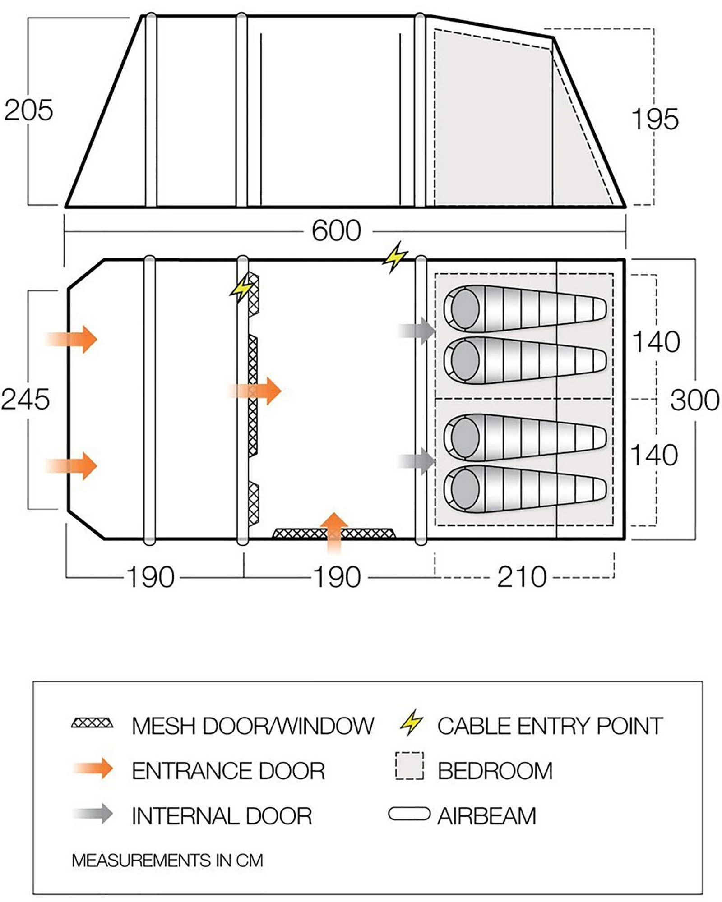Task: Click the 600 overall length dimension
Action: pos(336,231)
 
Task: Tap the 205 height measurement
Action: pos(28,110)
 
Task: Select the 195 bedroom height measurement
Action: pos(654,120)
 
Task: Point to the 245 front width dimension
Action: pos(25,400)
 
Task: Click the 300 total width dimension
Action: pos(694,400)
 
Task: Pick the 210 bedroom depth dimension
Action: pos(522,577)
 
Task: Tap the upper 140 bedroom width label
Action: pos(656,342)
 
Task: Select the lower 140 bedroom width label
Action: pos(654,455)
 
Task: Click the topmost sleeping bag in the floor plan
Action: pos(524,309)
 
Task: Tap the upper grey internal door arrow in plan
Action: pos(417,331)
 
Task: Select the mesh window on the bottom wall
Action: pos(334,534)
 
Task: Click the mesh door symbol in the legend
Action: pos(92,723)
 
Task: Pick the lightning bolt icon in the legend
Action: pos(411,723)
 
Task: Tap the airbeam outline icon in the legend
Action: pos(409,814)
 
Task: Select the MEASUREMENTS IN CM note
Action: pos(167,861)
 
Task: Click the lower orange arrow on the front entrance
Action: pos(72,466)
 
